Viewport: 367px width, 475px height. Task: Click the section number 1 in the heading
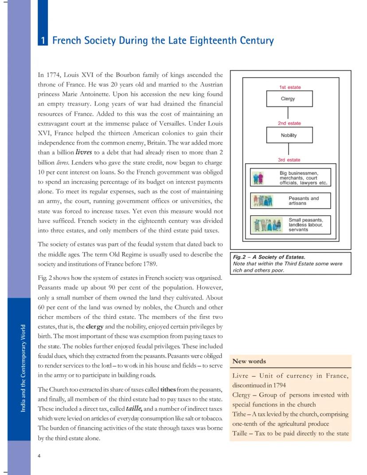pyautogui.click(x=43, y=41)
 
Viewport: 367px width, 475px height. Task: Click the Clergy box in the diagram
pyautogui.click(x=289, y=98)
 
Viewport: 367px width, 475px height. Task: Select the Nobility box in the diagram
pyautogui.click(x=289, y=135)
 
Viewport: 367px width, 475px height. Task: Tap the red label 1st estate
pyautogui.click(x=290, y=87)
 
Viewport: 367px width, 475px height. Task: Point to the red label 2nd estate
pyautogui.click(x=289, y=123)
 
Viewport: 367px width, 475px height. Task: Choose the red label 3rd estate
pyautogui.click(x=289, y=160)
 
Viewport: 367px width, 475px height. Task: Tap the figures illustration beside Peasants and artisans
pyautogui.click(x=262, y=201)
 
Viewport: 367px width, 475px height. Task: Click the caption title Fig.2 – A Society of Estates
pyautogui.click(x=269, y=257)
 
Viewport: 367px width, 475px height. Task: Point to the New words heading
pyautogui.click(x=249, y=361)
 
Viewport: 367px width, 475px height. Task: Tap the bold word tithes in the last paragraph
pyautogui.click(x=168, y=389)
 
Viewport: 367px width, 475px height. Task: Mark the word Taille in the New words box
pyautogui.click(x=240, y=433)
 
